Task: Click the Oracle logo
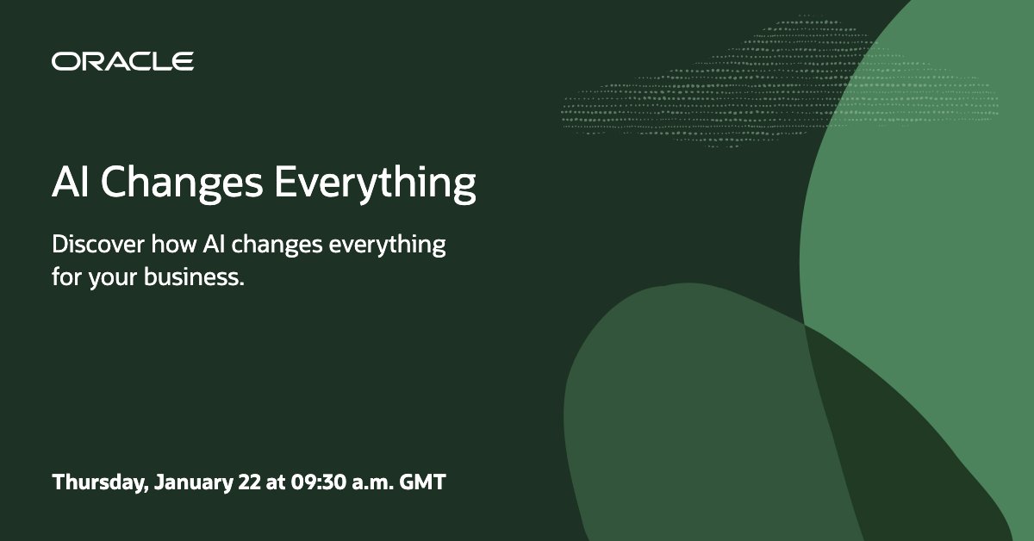(x=122, y=61)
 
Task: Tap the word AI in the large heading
(x=70, y=182)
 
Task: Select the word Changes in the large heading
(x=182, y=184)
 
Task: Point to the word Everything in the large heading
(x=376, y=184)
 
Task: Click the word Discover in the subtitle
(x=98, y=244)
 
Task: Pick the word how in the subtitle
(x=174, y=244)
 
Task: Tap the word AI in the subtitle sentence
(x=214, y=244)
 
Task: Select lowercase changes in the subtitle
(x=277, y=246)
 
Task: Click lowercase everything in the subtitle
(x=387, y=246)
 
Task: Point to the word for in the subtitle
(x=67, y=277)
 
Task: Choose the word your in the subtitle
(x=113, y=279)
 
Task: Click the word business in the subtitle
(x=192, y=277)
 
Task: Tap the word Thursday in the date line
(x=100, y=482)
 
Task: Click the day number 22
(x=250, y=482)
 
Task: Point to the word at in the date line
(x=276, y=482)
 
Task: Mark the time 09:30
(x=319, y=482)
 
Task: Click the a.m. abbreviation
(x=373, y=484)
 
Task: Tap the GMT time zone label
(x=423, y=482)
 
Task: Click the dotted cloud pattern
(x=780, y=83)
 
